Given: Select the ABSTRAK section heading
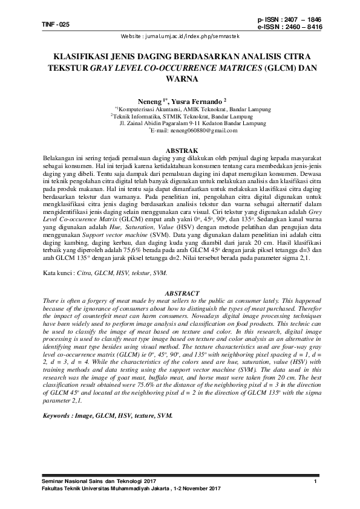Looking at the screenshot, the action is [x=180, y=149].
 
